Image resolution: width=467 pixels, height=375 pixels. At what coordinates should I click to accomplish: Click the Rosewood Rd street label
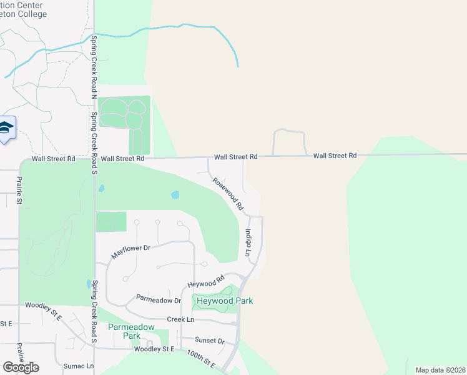(227, 193)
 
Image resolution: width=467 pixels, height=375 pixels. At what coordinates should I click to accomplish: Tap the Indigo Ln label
(248, 243)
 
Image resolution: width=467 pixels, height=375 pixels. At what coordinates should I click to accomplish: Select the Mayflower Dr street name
(131, 252)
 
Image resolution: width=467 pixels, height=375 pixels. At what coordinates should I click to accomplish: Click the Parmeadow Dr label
(159, 300)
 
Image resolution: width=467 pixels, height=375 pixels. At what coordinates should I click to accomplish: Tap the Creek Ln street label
(180, 319)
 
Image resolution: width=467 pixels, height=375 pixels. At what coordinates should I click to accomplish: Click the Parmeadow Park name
(132, 331)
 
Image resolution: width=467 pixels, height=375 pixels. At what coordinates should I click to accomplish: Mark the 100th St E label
(200, 359)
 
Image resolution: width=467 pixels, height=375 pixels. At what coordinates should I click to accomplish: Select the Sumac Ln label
(79, 366)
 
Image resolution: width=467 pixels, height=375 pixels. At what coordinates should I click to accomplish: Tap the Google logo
(21, 367)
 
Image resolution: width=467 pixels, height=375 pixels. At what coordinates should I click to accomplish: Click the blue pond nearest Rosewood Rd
(175, 195)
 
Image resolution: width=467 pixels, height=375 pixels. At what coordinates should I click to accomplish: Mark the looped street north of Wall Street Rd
(288, 132)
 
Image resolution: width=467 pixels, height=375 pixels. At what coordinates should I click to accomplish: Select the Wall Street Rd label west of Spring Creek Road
(53, 159)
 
